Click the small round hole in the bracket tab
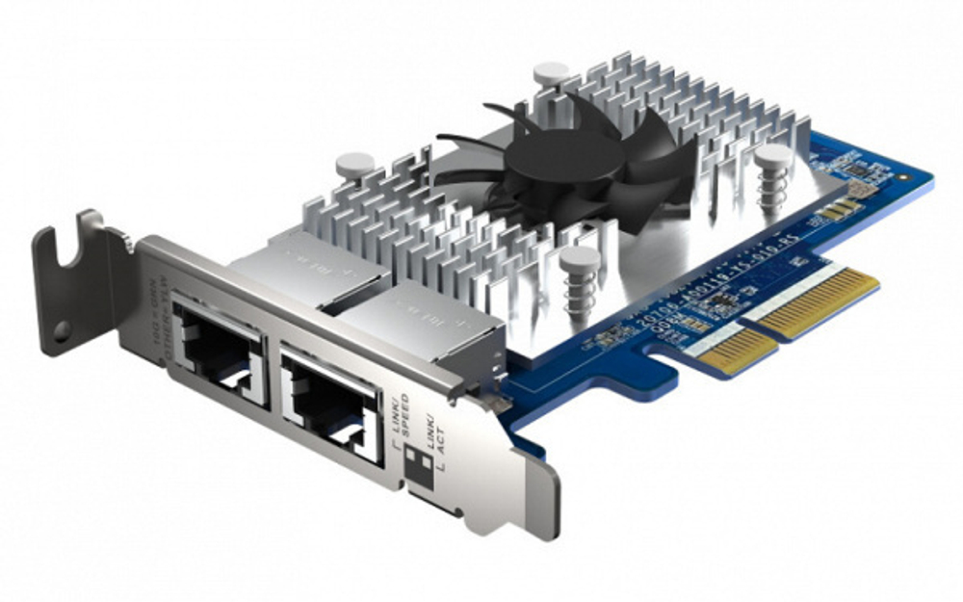coord(62,330)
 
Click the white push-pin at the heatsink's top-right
coord(551,72)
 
